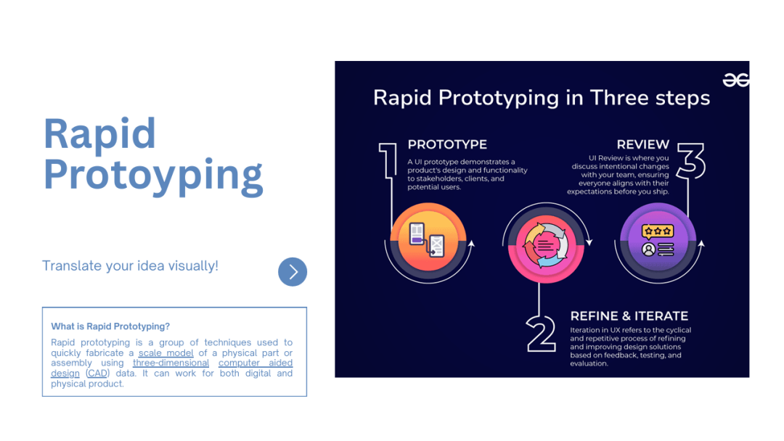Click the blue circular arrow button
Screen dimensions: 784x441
coord(293,272)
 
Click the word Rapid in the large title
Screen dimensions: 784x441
coord(99,134)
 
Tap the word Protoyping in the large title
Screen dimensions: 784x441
coord(153,176)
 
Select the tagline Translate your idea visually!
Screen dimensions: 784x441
coord(130,265)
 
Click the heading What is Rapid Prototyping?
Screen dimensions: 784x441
coord(110,326)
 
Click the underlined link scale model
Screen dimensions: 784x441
coord(166,353)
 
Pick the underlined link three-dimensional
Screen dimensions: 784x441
coord(171,363)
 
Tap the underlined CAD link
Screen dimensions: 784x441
coord(97,374)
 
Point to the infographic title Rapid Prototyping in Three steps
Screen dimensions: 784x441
coord(542,98)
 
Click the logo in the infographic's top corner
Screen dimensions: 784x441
coord(735,80)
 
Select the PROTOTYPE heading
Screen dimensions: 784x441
coord(447,144)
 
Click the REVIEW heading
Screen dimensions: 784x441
coord(642,144)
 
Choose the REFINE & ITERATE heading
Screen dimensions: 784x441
coord(629,316)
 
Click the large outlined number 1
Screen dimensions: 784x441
coord(388,160)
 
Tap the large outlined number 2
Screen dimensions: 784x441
coord(541,333)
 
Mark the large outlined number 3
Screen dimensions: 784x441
coord(691,161)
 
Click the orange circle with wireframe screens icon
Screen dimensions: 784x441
coord(428,236)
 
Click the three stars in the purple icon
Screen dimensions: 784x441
coord(658,231)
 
